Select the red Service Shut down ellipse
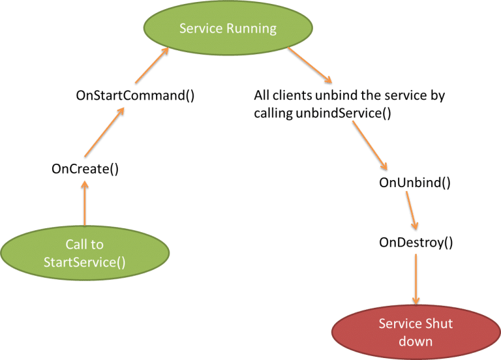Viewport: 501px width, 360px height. [415, 333]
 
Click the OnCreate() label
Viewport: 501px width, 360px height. [85, 169]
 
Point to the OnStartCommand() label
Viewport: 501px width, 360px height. [136, 96]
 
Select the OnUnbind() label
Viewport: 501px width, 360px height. [415, 183]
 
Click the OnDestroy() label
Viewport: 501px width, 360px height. [416, 243]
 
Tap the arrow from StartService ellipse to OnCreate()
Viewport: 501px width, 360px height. [84, 202]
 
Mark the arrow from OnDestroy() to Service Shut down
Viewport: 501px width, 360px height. [416, 278]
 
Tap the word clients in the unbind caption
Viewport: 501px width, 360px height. [290, 96]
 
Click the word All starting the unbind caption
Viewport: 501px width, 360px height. [261, 96]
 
